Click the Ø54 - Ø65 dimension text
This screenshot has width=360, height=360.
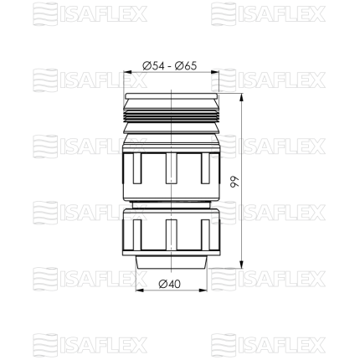click(170, 66)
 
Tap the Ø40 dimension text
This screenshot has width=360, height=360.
click(170, 284)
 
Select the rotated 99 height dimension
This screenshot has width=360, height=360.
click(233, 182)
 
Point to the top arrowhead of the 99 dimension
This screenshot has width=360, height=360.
click(241, 97)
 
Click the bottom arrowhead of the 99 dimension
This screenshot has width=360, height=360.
click(241, 265)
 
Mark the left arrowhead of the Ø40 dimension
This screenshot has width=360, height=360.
click(139, 291)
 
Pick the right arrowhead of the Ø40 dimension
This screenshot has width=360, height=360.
click(203, 291)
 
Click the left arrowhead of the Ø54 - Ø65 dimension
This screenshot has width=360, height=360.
click(127, 72)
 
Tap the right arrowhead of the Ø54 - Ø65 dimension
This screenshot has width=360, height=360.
click(215, 72)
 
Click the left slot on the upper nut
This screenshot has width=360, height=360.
click(137, 168)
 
